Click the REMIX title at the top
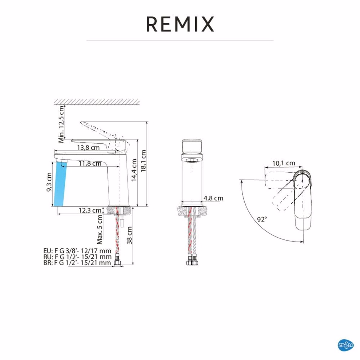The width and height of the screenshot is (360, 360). [180, 24]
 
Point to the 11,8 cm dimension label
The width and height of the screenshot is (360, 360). [90, 164]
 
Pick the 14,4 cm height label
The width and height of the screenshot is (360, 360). [134, 170]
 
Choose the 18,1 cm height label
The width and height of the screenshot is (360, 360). [143, 161]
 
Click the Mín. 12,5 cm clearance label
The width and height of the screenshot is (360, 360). [62, 124]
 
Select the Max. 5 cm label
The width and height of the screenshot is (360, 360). [100, 230]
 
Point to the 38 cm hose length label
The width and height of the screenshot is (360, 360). [129, 235]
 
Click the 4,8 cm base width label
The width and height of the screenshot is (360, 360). [213, 198]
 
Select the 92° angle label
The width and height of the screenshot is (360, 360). [262, 219]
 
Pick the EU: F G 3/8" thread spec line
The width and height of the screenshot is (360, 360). [77, 251]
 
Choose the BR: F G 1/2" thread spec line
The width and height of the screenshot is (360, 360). [77, 263]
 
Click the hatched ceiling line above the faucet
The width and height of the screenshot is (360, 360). [97, 102]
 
